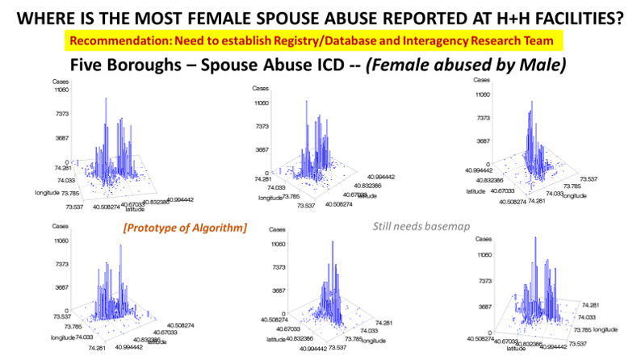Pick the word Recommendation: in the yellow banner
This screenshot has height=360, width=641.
120,40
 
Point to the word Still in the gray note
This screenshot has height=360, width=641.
384,227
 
